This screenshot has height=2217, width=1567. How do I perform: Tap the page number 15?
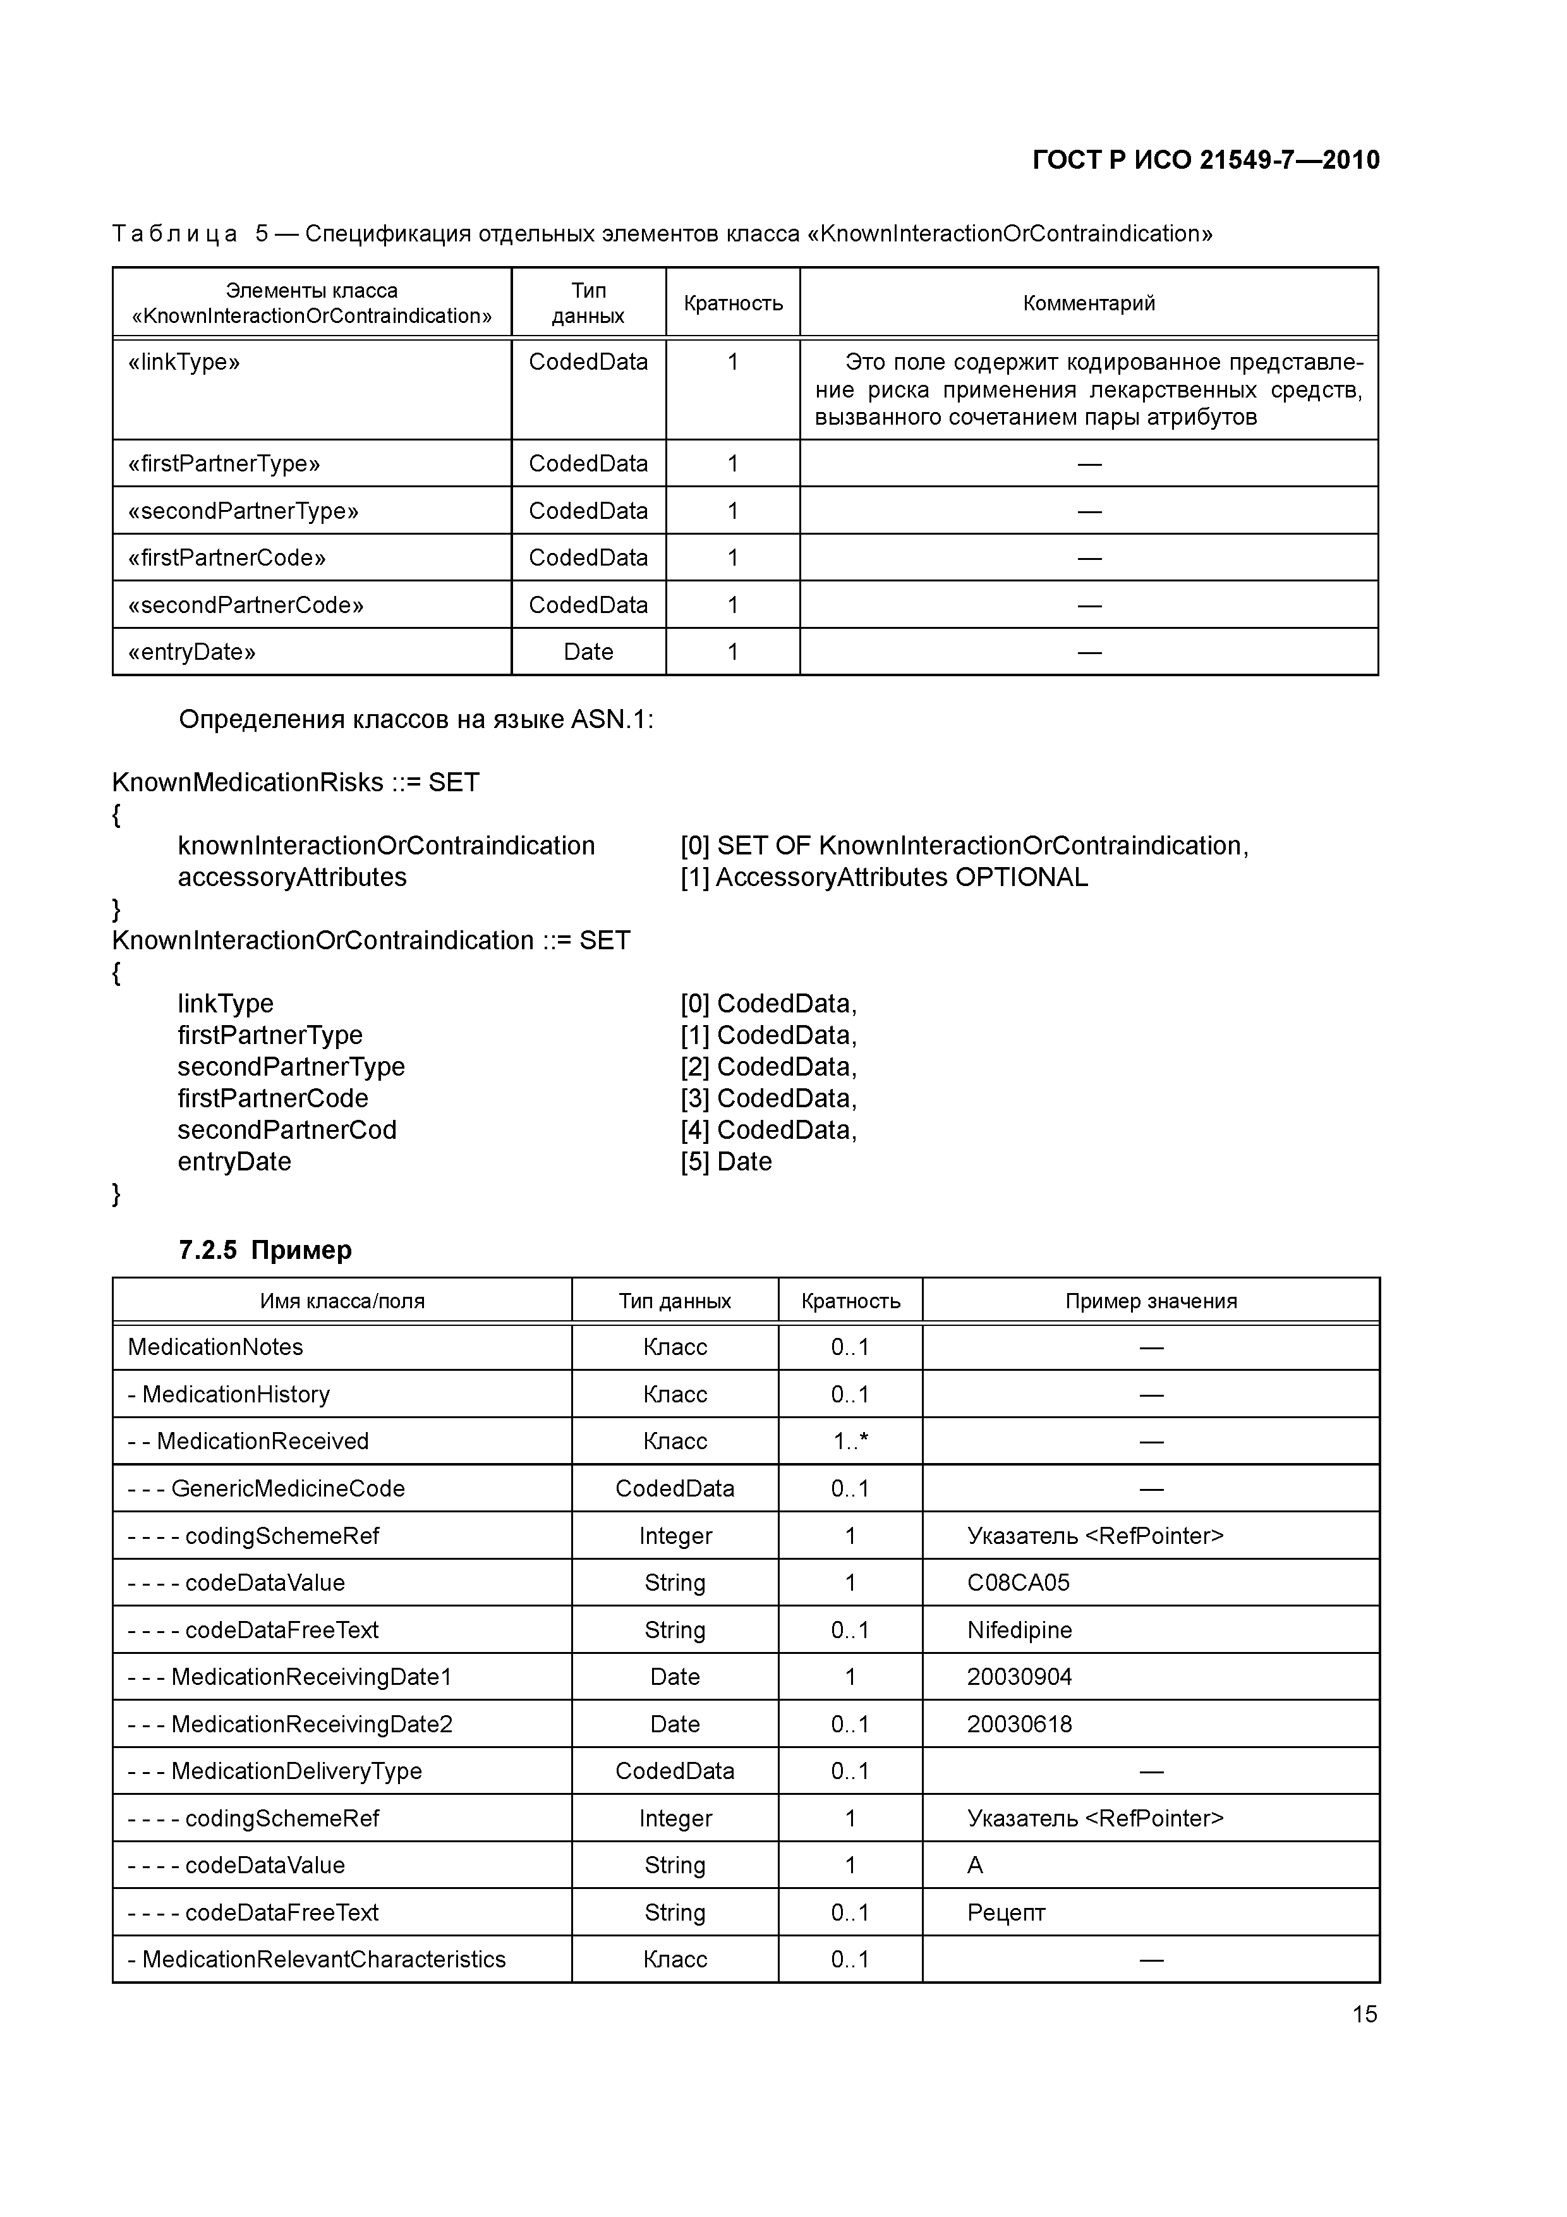pyautogui.click(x=1364, y=2014)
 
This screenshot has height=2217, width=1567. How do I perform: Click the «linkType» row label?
pyautogui.click(x=183, y=362)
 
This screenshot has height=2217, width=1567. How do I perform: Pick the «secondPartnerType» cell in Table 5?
pyautogui.click(x=243, y=511)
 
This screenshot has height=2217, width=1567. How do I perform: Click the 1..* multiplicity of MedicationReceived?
pyautogui.click(x=850, y=1441)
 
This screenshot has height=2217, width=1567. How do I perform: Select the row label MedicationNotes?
pyautogui.click(x=215, y=1347)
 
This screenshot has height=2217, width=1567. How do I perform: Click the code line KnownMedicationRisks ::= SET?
pyautogui.click(x=296, y=782)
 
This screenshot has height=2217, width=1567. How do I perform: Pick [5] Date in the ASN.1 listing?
pyautogui.click(x=725, y=1161)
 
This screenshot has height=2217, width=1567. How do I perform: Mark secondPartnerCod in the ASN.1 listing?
pyautogui.click(x=287, y=1130)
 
